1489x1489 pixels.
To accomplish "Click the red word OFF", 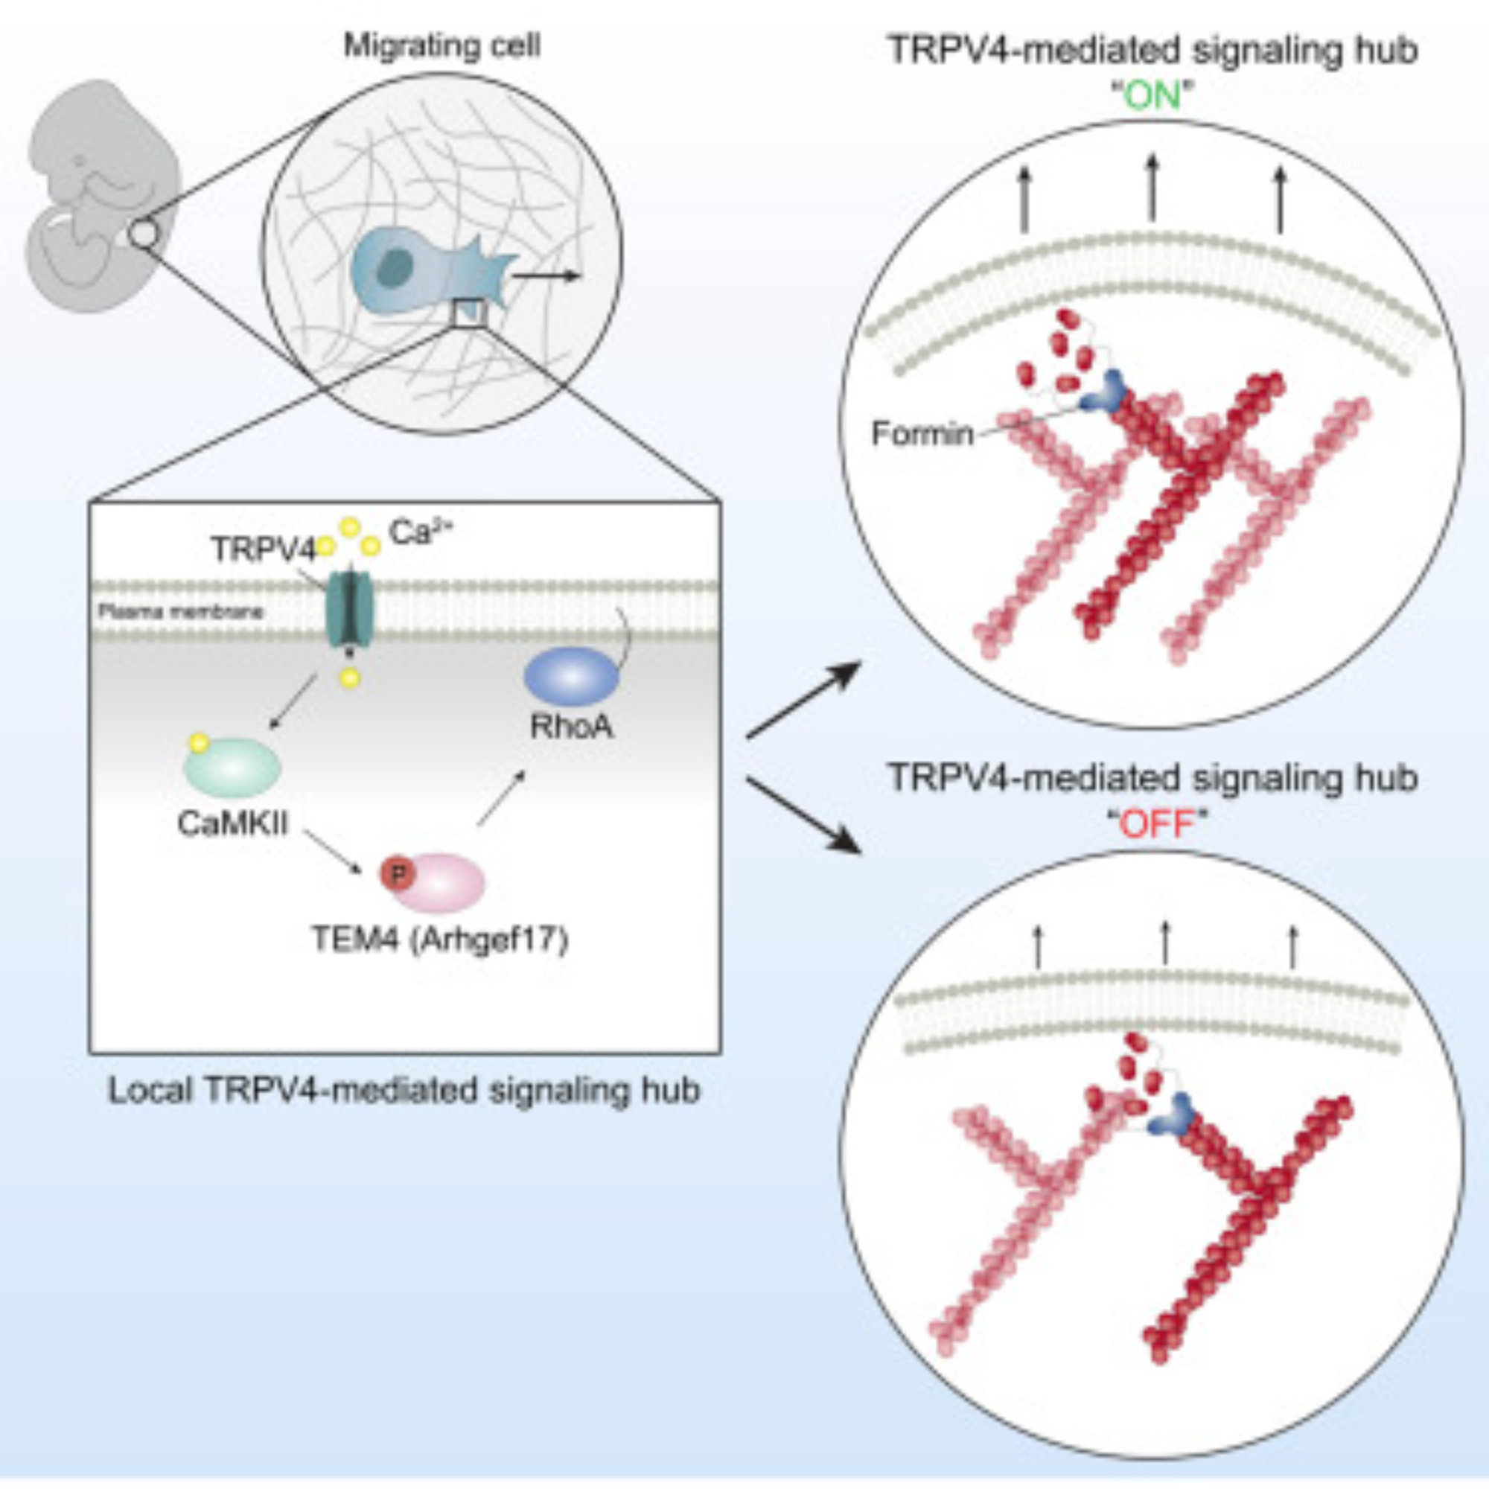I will [1156, 826].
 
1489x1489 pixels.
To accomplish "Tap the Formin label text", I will [922, 434].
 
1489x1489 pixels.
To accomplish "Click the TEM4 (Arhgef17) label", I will [440, 940].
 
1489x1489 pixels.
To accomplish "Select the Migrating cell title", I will [441, 46].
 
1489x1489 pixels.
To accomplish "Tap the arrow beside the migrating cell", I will [545, 275].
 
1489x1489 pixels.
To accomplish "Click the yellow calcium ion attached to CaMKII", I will [199, 743].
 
